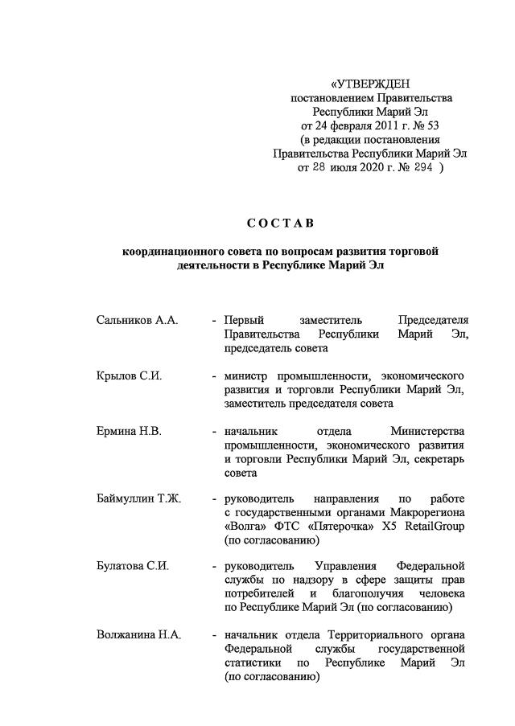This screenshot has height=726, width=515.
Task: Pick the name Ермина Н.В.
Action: pyautogui.click(x=129, y=431)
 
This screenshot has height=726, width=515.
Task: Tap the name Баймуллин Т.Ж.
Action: pyautogui.click(x=138, y=499)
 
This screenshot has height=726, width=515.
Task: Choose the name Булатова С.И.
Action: pyautogui.click(x=132, y=568)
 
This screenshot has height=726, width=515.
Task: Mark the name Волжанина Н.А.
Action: pyautogui.click(x=138, y=636)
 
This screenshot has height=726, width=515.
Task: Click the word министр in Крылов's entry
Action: pyautogui.click(x=247, y=375)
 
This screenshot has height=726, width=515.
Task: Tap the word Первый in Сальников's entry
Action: pyautogui.click(x=245, y=320)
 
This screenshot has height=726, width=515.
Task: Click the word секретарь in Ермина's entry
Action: pyautogui.click(x=438, y=459)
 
